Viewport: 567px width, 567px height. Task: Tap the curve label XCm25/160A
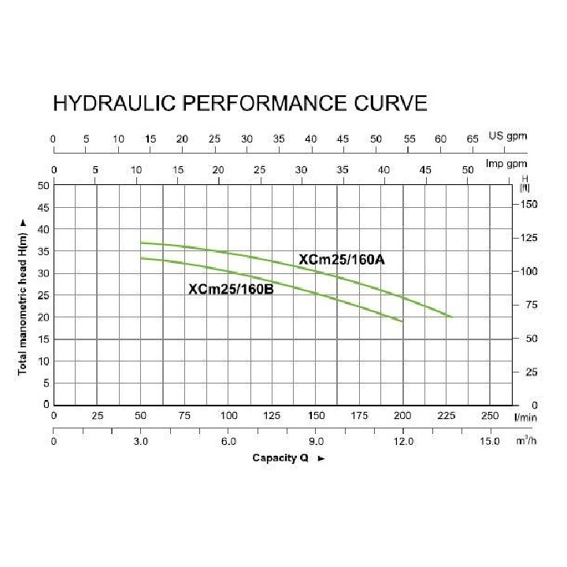pyautogui.click(x=341, y=260)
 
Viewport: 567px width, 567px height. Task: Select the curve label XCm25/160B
pyautogui.click(x=231, y=288)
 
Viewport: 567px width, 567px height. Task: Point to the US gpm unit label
pyautogui.click(x=507, y=136)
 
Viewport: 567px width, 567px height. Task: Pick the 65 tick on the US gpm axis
pyautogui.click(x=472, y=139)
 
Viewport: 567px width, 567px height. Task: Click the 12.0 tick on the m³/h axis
pyautogui.click(x=403, y=442)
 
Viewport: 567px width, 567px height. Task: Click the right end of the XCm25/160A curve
pyautogui.click(x=452, y=317)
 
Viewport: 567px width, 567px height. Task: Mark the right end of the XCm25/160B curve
pyautogui.click(x=402, y=321)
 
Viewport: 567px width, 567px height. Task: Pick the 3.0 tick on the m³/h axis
pyautogui.click(x=141, y=442)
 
